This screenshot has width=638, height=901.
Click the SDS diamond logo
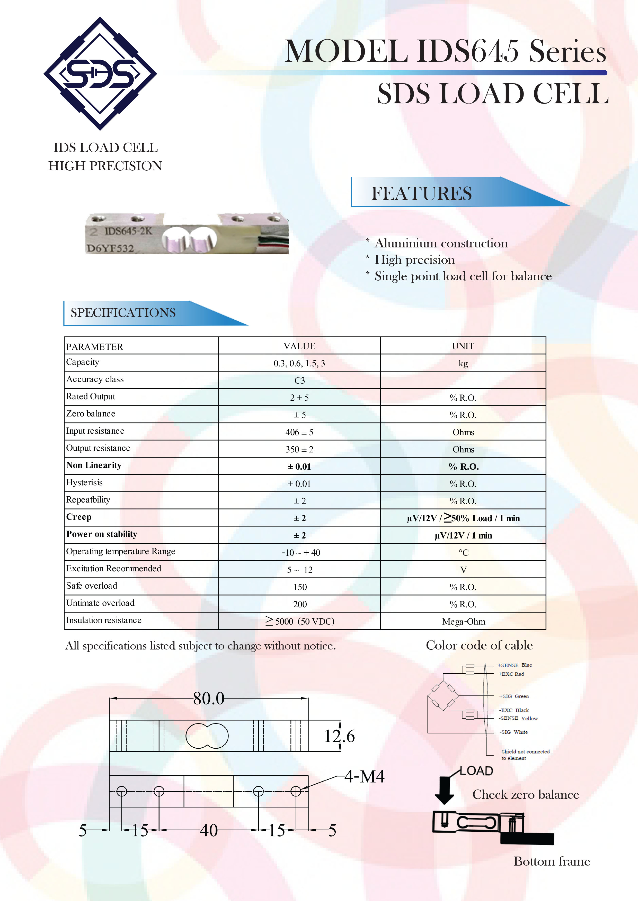coord(100,73)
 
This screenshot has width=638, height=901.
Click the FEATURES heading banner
coord(422,193)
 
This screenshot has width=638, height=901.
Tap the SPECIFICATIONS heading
coord(123,313)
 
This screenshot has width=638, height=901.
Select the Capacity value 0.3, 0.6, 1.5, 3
coord(299,363)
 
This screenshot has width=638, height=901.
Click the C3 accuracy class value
coord(299,381)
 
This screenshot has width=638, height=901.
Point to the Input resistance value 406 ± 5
coord(299,432)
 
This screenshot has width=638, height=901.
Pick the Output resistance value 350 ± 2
coord(299,450)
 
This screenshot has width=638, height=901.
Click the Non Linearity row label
coord(94,466)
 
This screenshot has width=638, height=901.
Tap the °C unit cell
coord(463,553)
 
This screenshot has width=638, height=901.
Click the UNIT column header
coord(463,346)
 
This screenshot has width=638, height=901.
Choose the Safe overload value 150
coord(300,587)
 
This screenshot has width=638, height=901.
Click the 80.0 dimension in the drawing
coord(209,699)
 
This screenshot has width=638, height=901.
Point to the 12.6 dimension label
coord(339,736)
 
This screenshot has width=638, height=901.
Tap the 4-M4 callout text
coord(364,776)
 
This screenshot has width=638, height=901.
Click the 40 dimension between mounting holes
coord(209,830)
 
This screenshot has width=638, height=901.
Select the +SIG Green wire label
coord(514,696)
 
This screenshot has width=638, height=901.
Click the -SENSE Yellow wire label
coord(518,718)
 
